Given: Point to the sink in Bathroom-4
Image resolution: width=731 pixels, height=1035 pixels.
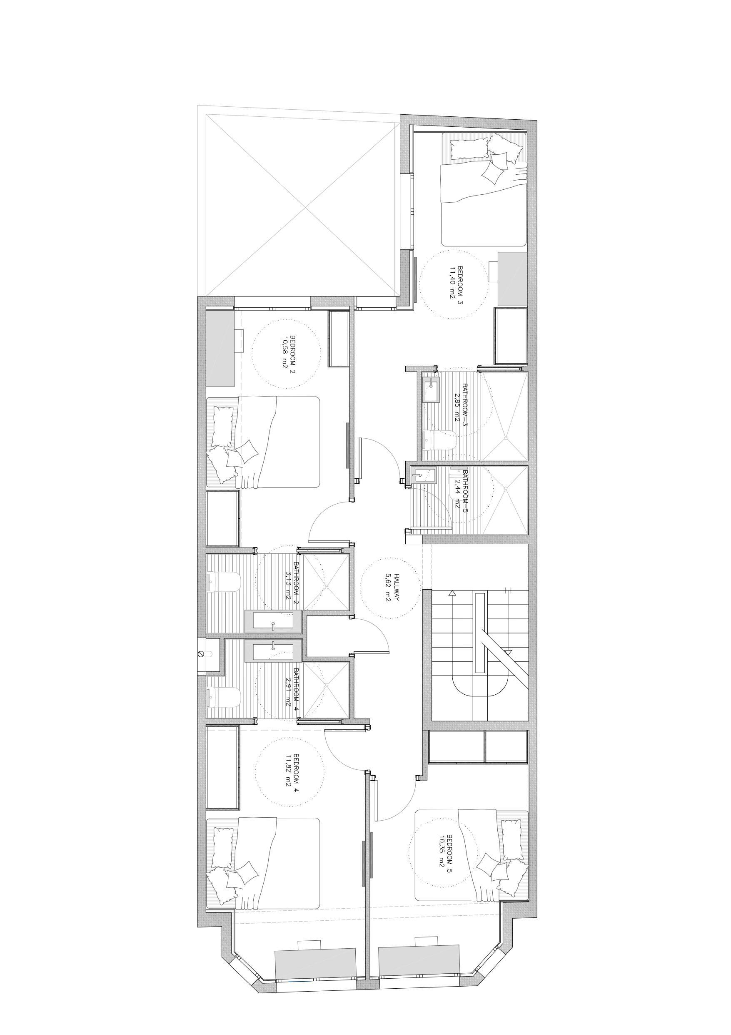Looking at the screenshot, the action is coord(273,651).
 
